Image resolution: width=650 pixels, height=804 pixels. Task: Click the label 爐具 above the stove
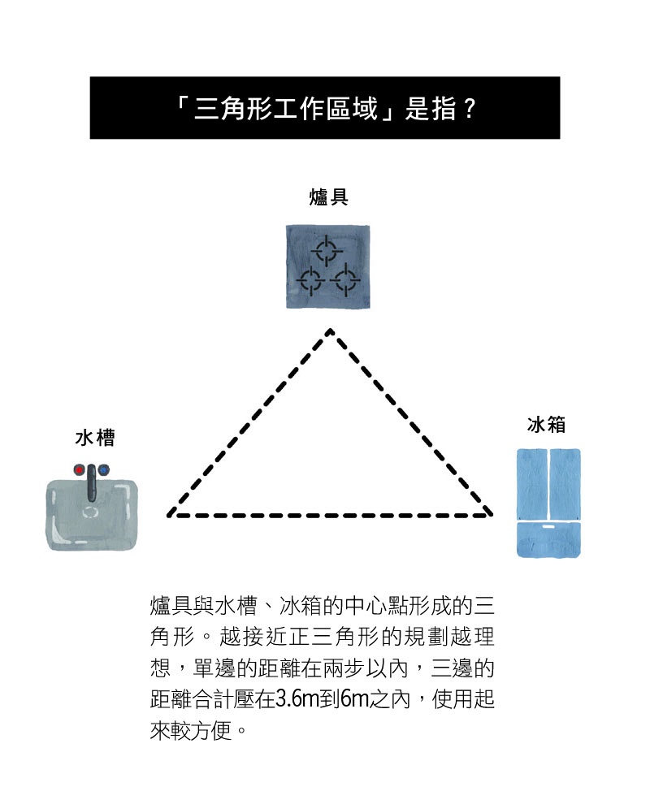328,197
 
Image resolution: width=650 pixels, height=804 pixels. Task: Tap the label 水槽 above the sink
95,438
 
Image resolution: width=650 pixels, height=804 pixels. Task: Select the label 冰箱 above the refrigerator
546,425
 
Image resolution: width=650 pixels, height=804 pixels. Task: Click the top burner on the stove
327,250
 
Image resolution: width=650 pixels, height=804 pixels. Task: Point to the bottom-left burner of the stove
310,280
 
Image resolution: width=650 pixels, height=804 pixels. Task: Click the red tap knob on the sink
80,469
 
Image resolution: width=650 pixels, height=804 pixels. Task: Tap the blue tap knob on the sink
103,469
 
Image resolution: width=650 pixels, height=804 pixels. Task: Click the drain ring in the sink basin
91,512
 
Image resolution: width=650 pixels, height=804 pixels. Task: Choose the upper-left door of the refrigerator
531,484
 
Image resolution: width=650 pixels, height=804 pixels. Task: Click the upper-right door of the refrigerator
565,484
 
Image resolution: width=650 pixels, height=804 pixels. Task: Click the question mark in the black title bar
468,109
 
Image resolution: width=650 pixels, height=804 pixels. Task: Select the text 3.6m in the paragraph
297,699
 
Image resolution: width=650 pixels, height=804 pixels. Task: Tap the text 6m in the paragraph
354,699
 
